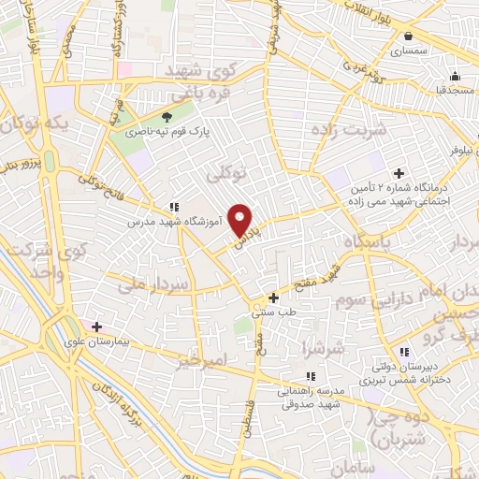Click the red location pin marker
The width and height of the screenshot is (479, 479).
click(x=241, y=220)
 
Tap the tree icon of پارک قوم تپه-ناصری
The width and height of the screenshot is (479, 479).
click(x=167, y=117)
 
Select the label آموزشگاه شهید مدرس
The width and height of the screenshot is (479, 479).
click(x=167, y=225)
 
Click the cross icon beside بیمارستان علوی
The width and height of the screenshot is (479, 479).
click(x=95, y=327)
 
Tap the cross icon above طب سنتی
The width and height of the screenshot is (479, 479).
click(x=273, y=298)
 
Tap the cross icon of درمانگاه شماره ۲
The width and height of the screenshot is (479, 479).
click(x=399, y=174)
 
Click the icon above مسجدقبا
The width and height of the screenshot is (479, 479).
click(x=456, y=77)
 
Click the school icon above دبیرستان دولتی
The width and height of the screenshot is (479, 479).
click(x=404, y=352)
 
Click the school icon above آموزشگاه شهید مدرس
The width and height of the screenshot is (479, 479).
click(x=174, y=207)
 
